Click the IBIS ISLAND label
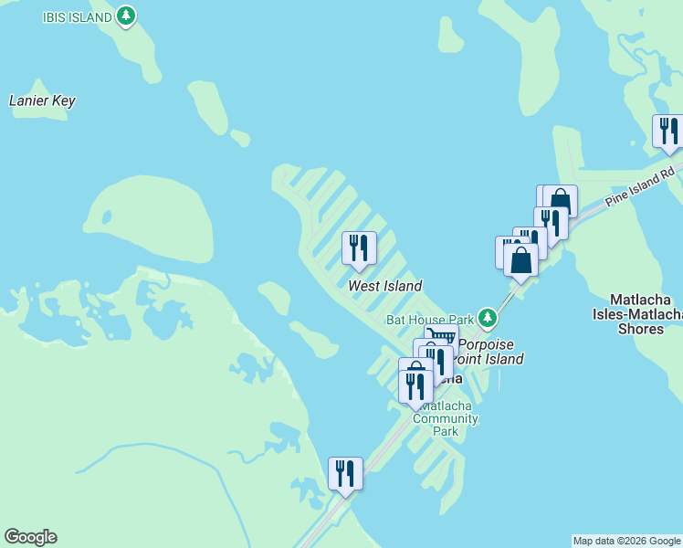[78, 16]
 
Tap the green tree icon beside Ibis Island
[126, 16]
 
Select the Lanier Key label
[42, 101]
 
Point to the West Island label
[384, 286]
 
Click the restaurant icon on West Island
[358, 248]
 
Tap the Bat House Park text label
[430, 319]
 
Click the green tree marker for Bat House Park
[489, 318]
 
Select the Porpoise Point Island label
[490, 352]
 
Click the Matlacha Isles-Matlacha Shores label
[646, 313]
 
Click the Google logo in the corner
[30, 537]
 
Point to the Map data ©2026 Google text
[626, 541]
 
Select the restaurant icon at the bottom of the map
[345, 473]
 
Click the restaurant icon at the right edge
[668, 131]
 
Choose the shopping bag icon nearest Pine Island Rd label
[561, 200]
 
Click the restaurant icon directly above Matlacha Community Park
[415, 386]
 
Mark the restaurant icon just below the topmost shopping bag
[551, 222]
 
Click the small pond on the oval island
[107, 217]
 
